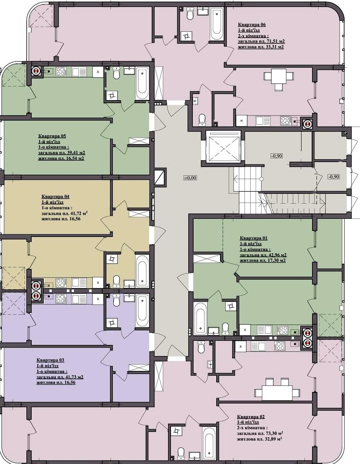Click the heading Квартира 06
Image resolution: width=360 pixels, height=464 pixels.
coord(252,25)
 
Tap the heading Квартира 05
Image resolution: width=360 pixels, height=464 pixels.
coord(52,136)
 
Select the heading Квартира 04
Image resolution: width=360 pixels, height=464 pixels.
coord(56,196)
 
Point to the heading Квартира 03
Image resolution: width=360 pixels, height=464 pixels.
coord(50,360)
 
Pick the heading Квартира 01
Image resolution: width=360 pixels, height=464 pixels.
coord(254,238)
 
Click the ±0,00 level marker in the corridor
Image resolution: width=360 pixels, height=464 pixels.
coord(190,177)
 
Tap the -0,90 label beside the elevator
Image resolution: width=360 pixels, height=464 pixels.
coord(277,156)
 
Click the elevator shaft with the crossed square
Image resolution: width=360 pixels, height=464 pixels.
coord(223,148)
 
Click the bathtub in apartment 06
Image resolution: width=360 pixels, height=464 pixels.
coord(217,23)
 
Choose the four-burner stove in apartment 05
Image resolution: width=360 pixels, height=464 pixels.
coord(61,72)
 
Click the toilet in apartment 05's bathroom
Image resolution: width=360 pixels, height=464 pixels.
coord(116,73)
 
